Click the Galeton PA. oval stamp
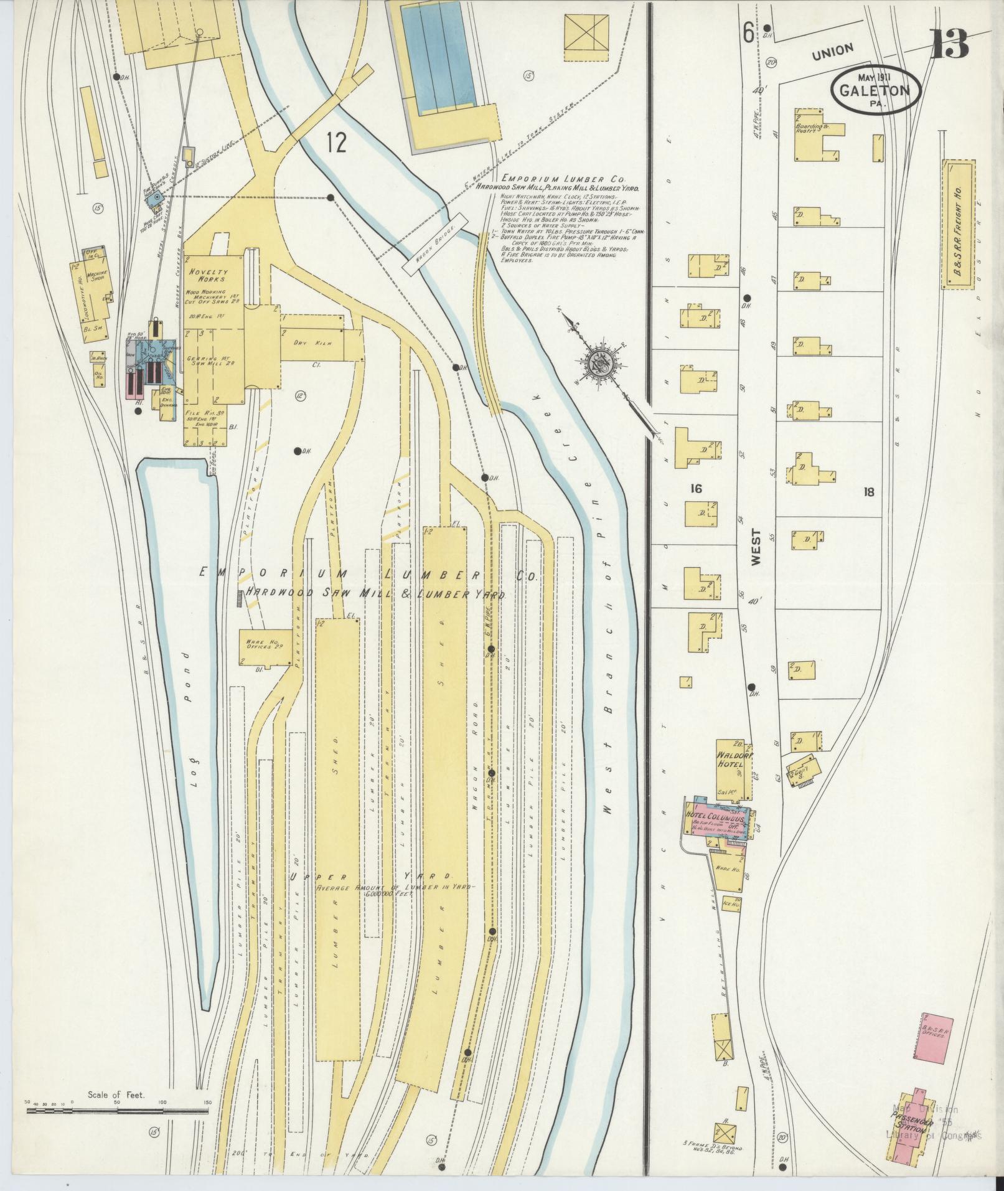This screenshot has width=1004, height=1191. [874, 91]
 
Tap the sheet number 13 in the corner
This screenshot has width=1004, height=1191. [949, 42]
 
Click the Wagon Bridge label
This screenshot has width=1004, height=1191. [434, 245]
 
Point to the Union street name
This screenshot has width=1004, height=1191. [833, 52]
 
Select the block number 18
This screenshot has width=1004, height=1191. [868, 492]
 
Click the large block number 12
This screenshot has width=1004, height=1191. [336, 143]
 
